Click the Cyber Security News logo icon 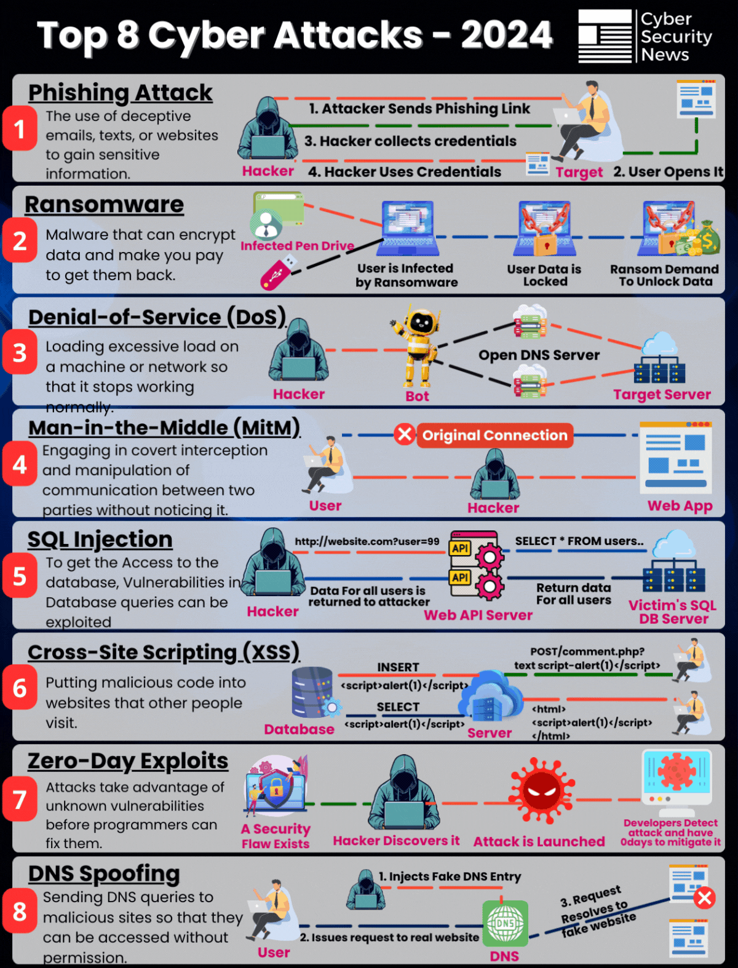click(x=605, y=36)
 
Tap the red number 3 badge click(x=20, y=353)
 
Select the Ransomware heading click(x=104, y=205)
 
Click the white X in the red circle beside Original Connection click(x=405, y=435)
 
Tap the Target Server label click(x=662, y=395)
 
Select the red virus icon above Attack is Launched click(x=542, y=790)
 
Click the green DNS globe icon click(x=505, y=923)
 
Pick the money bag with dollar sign click(x=707, y=239)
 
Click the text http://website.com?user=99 click(x=367, y=541)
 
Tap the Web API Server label click(x=478, y=615)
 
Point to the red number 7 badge click(x=20, y=800)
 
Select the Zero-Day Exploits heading click(x=128, y=761)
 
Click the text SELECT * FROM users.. click(x=579, y=541)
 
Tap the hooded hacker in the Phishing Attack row click(x=268, y=128)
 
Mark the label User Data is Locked click(x=544, y=275)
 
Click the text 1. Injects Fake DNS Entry click(x=450, y=876)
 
